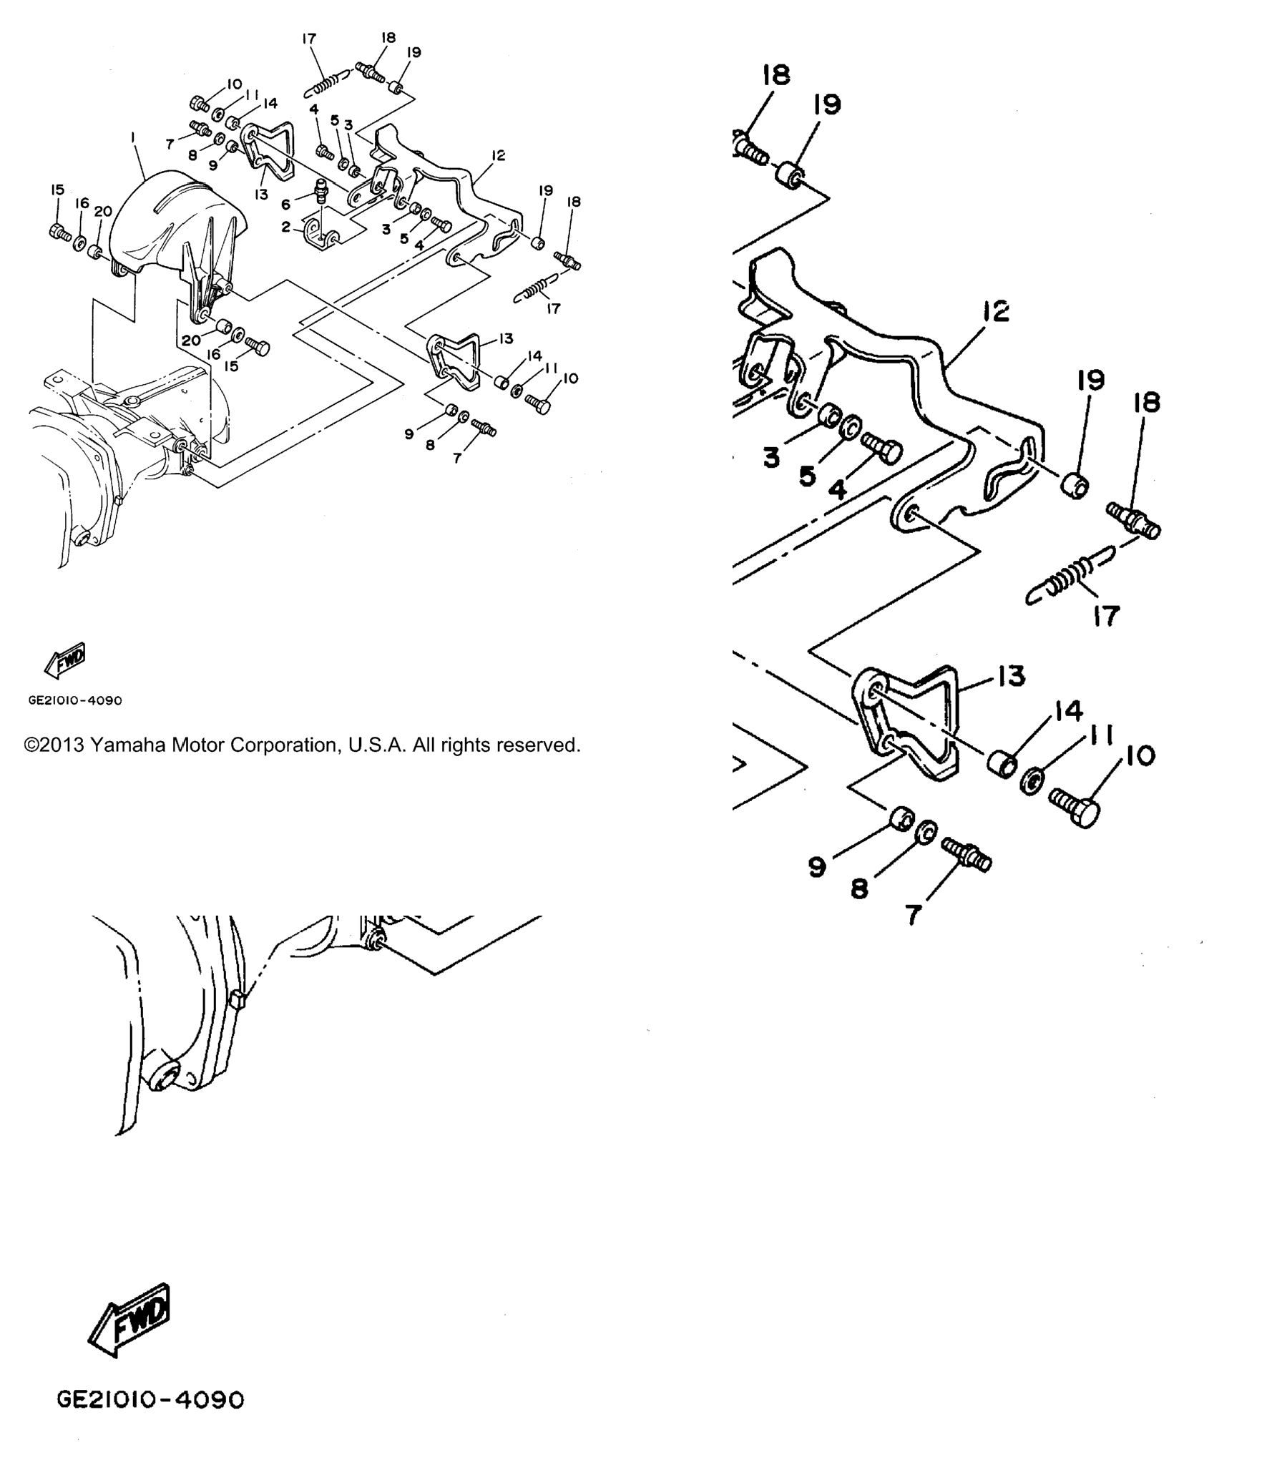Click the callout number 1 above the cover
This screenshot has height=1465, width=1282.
point(132,136)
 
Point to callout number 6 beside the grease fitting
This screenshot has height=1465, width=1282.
point(286,205)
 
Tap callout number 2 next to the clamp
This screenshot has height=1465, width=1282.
point(286,227)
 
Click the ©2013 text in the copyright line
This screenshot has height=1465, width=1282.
point(54,745)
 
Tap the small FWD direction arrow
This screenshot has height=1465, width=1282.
point(64,660)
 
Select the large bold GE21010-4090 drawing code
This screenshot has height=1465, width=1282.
point(150,1420)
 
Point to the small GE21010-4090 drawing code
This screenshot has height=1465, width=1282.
point(75,700)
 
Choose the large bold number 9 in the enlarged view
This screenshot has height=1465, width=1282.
point(817,868)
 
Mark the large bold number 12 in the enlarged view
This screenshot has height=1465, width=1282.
point(996,311)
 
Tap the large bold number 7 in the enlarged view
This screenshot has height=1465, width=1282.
point(913,914)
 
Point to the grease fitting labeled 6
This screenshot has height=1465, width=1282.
point(321,194)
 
